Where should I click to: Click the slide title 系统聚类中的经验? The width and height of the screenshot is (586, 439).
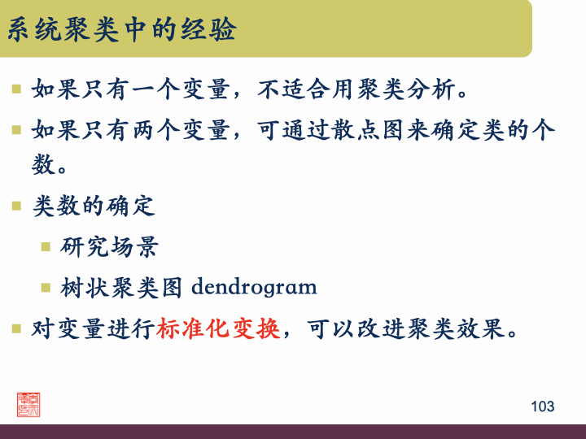[x=122, y=31]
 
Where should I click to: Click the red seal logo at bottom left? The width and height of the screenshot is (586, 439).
[x=28, y=404]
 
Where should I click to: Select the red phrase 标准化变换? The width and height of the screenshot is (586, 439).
[x=218, y=330]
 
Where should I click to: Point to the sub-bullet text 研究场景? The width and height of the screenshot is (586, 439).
[x=110, y=246]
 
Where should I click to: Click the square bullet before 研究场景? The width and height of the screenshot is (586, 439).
[x=46, y=246]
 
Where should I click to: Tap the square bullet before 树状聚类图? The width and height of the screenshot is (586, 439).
[x=46, y=286]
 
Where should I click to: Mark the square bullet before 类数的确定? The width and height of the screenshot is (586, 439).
[x=16, y=206]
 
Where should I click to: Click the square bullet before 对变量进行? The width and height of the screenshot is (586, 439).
[x=16, y=329]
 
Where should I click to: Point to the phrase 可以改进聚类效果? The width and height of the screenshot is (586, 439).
[x=404, y=330]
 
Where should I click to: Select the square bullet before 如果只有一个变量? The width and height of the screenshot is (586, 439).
[x=16, y=88]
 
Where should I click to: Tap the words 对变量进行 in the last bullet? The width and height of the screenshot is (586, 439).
[x=94, y=330]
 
